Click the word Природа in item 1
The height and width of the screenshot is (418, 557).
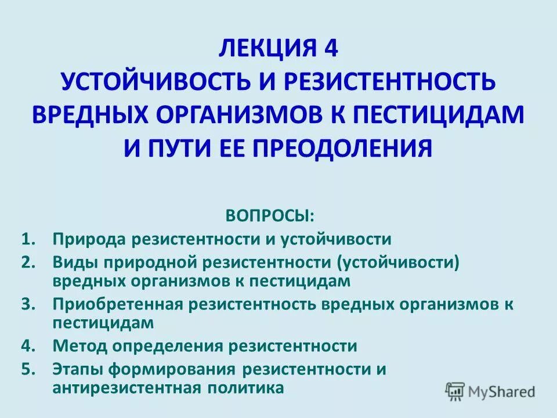(88, 239)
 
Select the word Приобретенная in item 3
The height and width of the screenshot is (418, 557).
(118, 304)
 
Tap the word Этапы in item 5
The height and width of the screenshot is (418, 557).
(79, 369)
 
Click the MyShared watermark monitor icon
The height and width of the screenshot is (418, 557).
(454, 391)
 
